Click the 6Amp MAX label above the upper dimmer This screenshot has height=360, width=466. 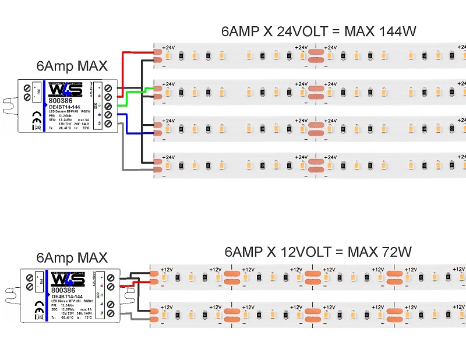tap(71, 65)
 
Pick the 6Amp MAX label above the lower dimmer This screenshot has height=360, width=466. tap(72, 257)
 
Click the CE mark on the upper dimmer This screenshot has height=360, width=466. tap(36, 115)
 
